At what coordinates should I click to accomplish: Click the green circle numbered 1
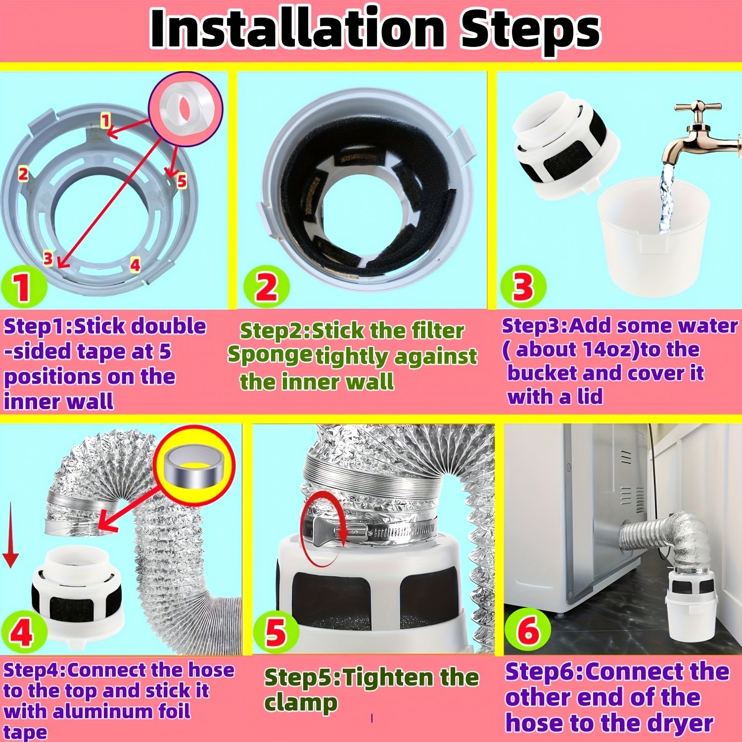point(22,287)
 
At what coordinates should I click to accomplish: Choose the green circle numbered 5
point(276,632)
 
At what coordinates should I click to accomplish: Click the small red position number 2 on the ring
point(23,174)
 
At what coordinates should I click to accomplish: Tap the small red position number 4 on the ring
point(135,265)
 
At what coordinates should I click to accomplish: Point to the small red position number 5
point(182,181)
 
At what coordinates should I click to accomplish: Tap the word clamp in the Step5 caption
point(301,704)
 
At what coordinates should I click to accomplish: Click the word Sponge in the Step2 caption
point(270,355)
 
